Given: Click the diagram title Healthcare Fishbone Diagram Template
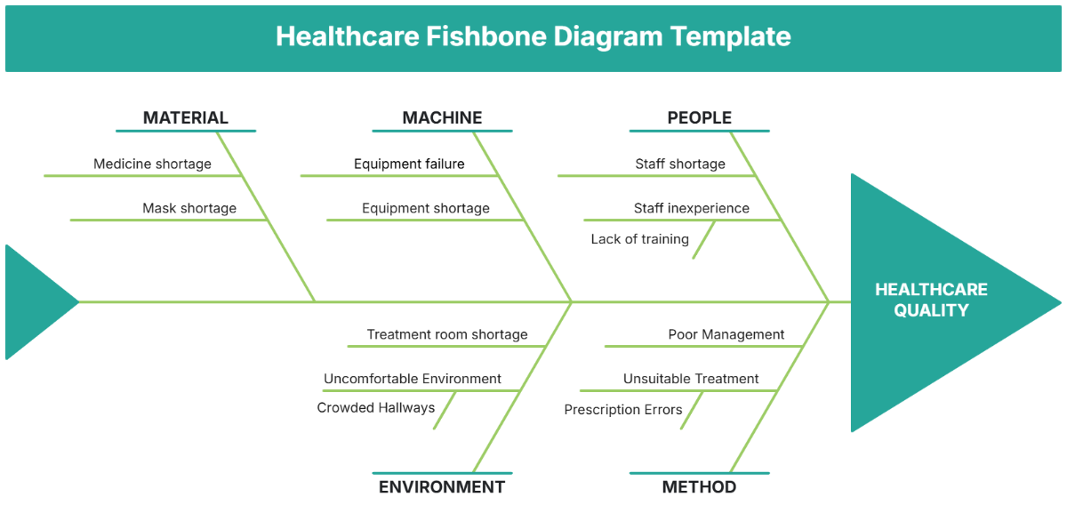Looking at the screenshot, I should click(x=533, y=36).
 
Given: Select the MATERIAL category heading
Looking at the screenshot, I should click(x=185, y=117).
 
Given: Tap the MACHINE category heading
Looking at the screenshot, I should click(x=442, y=117).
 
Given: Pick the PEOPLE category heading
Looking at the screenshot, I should click(x=699, y=117).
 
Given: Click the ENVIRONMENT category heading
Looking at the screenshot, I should click(x=441, y=486).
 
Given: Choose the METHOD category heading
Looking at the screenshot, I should click(x=699, y=486).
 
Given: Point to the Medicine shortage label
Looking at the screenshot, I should click(x=152, y=164).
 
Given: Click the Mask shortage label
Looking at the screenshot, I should click(x=189, y=208).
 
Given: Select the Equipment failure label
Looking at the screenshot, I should click(x=409, y=164).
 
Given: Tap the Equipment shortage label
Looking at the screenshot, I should click(x=425, y=208).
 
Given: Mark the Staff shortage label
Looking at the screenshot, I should click(x=679, y=164).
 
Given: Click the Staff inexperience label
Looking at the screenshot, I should click(x=691, y=208).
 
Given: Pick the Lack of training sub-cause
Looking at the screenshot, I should click(x=639, y=238).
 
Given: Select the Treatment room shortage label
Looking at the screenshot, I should click(x=447, y=334).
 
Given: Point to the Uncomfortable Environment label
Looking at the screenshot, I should click(x=413, y=379).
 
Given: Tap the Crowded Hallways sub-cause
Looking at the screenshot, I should click(x=375, y=407).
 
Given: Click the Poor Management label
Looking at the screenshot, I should click(x=726, y=334).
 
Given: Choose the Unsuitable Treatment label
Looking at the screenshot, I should click(x=691, y=379).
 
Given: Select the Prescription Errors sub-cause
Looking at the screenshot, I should click(x=623, y=409).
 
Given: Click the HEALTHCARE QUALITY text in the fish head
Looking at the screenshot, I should click(x=931, y=300).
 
